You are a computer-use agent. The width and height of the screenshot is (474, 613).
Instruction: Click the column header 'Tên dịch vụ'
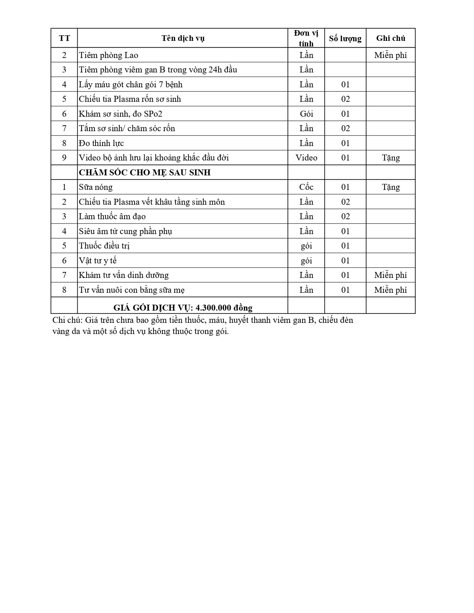coord(183,38)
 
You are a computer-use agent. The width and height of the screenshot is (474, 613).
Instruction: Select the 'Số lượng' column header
coord(345,38)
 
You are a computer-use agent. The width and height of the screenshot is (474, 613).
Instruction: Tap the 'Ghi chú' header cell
coord(390,38)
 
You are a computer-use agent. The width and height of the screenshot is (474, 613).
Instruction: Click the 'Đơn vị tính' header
coord(306,38)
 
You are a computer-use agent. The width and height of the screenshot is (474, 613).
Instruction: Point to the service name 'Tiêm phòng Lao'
coord(109,55)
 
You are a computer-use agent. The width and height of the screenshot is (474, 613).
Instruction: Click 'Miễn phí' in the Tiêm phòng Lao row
coord(390,55)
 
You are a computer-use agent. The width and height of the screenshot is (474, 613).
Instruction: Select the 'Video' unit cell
coord(306,158)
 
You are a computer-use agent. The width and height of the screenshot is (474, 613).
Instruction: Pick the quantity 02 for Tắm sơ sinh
coord(345,129)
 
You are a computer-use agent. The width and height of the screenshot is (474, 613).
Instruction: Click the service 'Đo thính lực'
coord(101,143)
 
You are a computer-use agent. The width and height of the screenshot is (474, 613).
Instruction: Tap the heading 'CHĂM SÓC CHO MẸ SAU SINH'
coord(145,172)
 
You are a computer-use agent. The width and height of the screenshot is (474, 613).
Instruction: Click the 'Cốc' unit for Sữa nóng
coord(306,187)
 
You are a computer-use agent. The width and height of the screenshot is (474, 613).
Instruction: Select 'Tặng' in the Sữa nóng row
coord(391,187)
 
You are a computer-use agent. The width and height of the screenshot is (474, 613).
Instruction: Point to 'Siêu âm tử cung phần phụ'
coord(125,231)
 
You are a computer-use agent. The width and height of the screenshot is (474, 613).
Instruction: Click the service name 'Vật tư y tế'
coord(98,261)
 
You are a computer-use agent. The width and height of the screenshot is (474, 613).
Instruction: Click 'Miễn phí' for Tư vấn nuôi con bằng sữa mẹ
coord(390,290)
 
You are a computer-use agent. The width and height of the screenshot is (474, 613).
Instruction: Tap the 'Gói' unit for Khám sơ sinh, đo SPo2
coord(306,114)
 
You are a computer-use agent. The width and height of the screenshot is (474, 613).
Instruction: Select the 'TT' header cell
coord(64,38)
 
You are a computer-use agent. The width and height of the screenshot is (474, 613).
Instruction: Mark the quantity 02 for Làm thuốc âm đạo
coord(345,217)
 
